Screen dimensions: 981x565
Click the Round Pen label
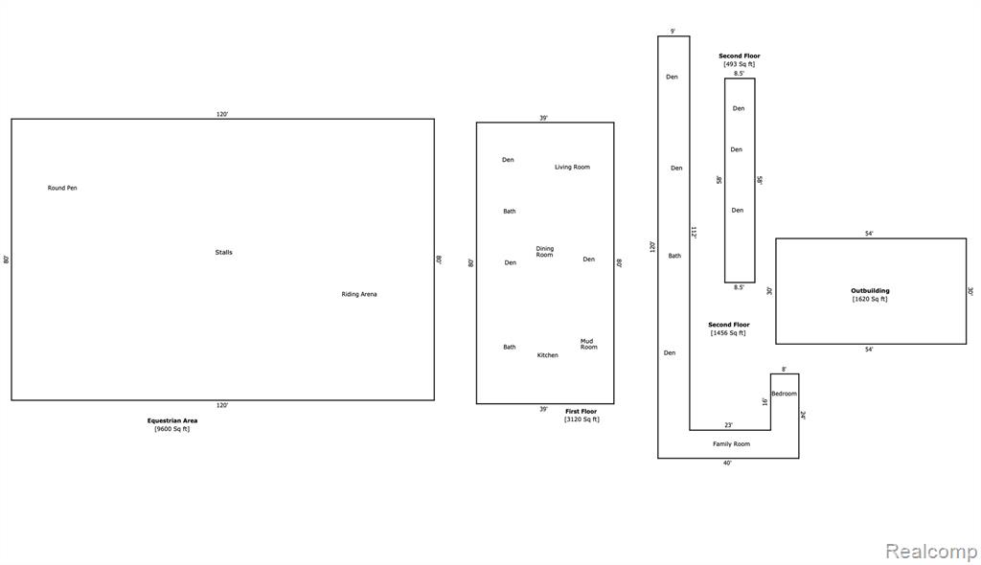62,188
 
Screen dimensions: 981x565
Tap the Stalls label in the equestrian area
223,252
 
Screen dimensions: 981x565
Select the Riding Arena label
359,294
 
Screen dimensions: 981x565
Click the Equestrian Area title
172,420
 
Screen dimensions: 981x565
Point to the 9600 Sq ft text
172,429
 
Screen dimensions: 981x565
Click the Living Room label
572,167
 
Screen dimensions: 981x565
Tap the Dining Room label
544,252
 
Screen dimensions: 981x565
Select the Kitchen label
547,354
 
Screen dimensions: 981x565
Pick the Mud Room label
589,344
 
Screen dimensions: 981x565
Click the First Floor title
582,411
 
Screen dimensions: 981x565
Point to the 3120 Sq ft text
582,419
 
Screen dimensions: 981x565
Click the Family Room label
731,443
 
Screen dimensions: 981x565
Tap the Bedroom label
784,394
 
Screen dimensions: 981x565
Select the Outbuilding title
870,290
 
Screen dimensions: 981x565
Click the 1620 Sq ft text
870,299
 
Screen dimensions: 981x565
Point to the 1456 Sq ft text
728,333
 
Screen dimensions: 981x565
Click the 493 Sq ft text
740,64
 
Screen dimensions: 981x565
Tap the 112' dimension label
694,232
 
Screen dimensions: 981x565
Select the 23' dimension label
728,425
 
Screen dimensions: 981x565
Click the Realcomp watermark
931,552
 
